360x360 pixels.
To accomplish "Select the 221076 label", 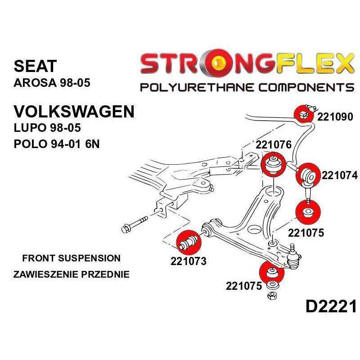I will point(274,145).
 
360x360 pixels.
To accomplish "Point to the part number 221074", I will point(339,175).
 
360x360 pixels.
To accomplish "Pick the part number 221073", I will point(188,261).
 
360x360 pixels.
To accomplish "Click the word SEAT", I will point(36,66).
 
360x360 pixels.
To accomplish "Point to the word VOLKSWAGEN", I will point(74,111).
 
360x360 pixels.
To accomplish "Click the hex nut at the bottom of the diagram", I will point(271,296).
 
